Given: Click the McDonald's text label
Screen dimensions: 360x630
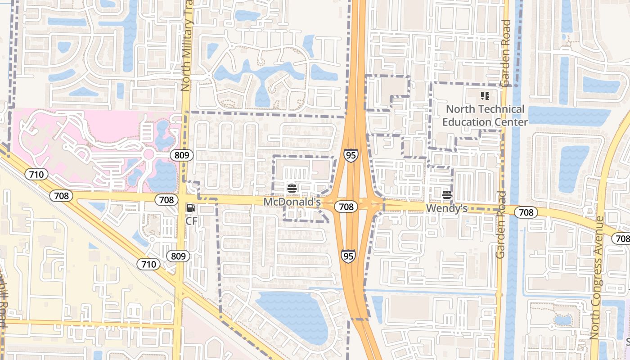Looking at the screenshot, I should [292, 202].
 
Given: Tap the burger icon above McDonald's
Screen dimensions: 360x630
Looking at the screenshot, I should [292, 188].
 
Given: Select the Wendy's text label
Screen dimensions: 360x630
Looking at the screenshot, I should [447, 208].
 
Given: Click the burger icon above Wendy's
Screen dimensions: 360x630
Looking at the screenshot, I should [447, 194].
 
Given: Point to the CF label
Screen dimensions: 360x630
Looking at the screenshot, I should [192, 221].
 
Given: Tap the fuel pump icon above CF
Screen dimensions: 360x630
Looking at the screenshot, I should [191, 208].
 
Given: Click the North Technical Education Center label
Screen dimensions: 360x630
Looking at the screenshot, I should [485, 116].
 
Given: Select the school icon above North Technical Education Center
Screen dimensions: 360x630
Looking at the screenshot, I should [485, 96].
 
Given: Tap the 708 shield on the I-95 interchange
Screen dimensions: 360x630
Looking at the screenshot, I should [346, 207].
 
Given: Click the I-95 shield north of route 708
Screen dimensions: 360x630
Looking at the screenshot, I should [351, 155].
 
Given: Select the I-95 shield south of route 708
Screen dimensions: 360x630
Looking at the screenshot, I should [348, 256].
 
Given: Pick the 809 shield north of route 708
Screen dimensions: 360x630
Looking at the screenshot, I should [181, 155].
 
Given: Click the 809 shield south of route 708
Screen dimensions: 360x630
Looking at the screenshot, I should [178, 256].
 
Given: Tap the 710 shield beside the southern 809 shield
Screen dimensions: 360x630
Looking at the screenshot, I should [148, 264].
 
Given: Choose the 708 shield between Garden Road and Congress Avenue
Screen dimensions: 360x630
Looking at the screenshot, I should [526, 212].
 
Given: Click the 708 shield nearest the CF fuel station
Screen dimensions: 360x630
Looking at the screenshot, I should [166, 199].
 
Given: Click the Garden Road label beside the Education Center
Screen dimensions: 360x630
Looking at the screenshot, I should [505, 53].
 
